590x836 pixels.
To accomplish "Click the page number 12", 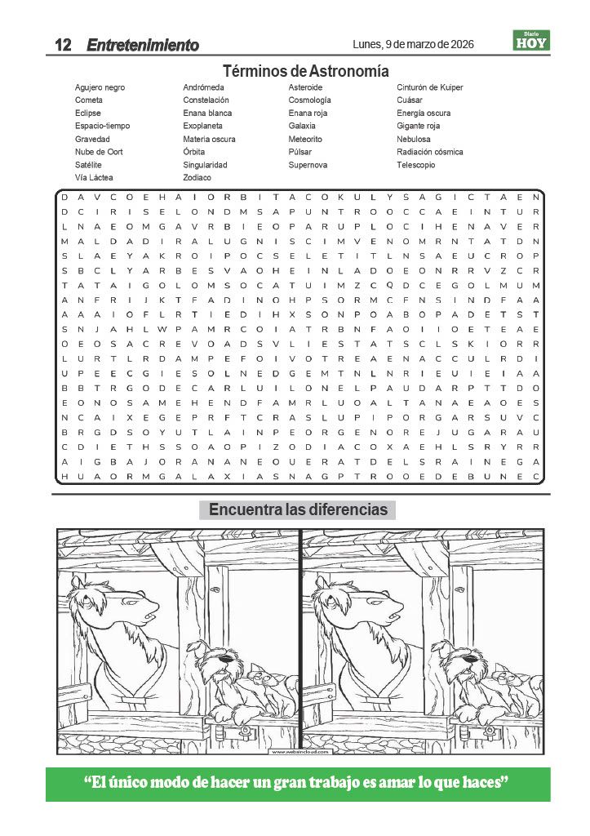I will pos(63,45).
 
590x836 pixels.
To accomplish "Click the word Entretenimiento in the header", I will pos(143,45).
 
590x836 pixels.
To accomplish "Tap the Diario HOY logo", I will pos(531,40).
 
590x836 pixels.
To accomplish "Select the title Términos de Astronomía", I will pos(305,70).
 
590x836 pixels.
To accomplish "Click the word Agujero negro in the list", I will pos(100,87).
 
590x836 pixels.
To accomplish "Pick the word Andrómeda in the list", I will pos(203,87).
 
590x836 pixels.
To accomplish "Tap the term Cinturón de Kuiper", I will pos(429,87).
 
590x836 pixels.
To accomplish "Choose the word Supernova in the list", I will pos(308,165).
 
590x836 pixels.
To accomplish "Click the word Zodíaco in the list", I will pos(197,177).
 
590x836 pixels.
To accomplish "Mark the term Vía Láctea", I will pos(94,177).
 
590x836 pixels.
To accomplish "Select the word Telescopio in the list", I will pos(416,165).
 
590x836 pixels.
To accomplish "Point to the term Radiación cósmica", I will pos(429,152).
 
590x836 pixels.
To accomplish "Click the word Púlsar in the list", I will pos(301,152).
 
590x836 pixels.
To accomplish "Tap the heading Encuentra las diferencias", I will pos(298,510).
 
